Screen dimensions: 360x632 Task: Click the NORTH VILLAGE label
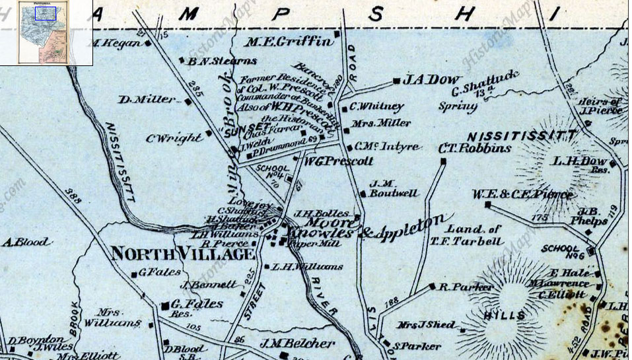point(182,253)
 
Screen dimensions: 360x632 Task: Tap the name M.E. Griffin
point(289,42)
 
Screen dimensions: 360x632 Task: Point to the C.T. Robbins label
point(474,149)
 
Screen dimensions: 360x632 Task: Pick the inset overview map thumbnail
point(46,32)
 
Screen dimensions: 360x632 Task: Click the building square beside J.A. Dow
point(396,81)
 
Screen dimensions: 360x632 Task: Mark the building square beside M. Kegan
point(148,44)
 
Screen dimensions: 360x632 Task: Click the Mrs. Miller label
point(382,123)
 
